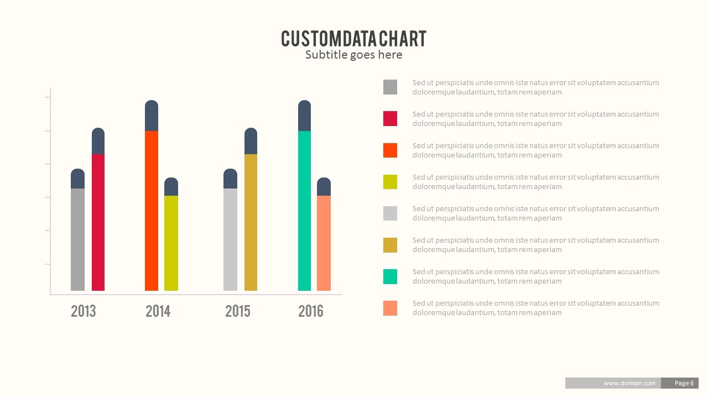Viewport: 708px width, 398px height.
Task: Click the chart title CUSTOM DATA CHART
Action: click(353, 39)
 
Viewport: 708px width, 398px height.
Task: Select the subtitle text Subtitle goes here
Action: click(353, 55)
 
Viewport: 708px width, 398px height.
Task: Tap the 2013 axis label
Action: click(84, 311)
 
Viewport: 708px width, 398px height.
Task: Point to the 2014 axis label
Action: click(158, 311)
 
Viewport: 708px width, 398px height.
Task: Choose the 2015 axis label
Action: click(238, 311)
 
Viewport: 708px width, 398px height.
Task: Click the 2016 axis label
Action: click(311, 311)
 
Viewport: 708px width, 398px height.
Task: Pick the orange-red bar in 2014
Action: click(152, 211)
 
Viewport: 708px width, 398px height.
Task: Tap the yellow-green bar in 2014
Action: click(171, 243)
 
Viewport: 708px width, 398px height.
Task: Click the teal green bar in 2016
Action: click(304, 211)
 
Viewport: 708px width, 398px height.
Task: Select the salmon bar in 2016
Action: click(324, 243)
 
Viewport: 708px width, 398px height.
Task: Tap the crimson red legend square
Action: click(390, 118)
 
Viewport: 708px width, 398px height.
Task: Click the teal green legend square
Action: click(390, 276)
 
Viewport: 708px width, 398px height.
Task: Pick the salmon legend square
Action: click(390, 308)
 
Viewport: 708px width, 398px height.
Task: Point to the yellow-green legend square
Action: click(390, 181)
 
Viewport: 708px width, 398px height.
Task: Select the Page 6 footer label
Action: click(684, 383)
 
